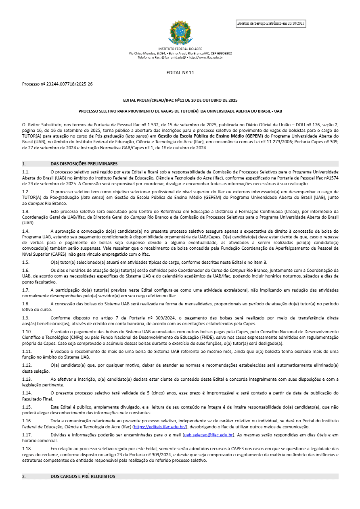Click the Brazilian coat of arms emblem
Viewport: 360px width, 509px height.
pos(180,33)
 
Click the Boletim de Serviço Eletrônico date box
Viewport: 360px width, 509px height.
pos(271,24)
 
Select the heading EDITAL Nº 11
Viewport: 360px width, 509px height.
pos(180,73)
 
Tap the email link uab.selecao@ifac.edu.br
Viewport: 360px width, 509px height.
pos(208,435)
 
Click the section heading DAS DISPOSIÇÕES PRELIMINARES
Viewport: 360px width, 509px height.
pos(84,164)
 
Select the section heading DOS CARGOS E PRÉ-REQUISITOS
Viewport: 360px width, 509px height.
pos(83,476)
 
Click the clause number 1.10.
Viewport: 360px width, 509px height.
pos(26,332)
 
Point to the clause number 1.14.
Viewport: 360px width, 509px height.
pos(26,393)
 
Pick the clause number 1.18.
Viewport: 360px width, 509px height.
pos(26,449)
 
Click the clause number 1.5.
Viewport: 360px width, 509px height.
pos(25,262)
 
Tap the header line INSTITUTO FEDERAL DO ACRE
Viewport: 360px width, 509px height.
pos(180,49)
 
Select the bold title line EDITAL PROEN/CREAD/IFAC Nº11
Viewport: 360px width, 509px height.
pos(180,100)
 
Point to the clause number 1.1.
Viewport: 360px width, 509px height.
pos(25,172)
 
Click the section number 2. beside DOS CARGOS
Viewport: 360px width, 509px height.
pos(24,476)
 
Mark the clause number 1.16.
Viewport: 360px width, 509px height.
pos(26,421)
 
